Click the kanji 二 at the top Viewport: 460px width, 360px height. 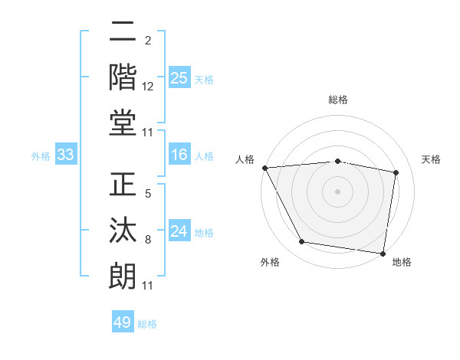(x=123, y=33)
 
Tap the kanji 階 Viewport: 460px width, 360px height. (x=123, y=77)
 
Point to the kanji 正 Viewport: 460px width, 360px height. (x=123, y=187)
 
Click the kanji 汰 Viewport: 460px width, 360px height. (x=123, y=231)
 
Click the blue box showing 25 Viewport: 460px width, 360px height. (x=179, y=77)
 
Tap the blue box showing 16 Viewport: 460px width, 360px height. (x=179, y=155)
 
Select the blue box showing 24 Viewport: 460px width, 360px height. (x=179, y=231)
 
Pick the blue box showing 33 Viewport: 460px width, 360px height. (x=65, y=155)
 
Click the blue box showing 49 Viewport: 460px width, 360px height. (x=123, y=322)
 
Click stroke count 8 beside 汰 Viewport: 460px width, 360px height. (x=148, y=240)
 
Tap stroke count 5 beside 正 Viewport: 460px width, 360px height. (x=148, y=195)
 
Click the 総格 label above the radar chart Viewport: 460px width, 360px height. (x=337, y=100)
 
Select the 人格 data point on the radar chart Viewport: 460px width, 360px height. (x=264, y=168)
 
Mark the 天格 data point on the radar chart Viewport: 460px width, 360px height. (x=396, y=172)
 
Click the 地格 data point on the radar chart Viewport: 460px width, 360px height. (x=383, y=252)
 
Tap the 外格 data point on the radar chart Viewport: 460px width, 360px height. (x=301, y=242)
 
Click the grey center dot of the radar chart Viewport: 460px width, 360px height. (x=337, y=191)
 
